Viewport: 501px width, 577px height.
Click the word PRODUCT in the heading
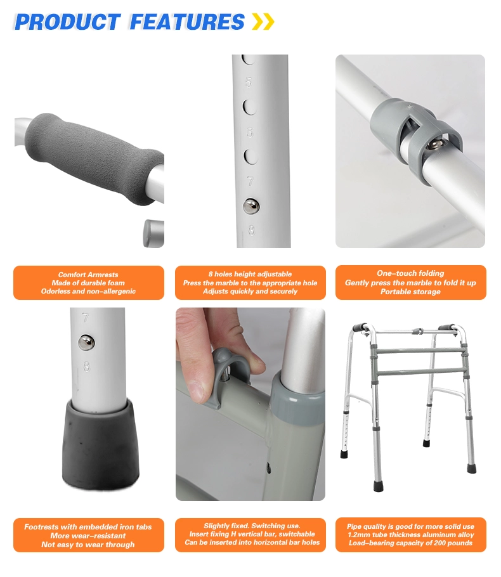[x=67, y=22]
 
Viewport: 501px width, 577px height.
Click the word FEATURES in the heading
[x=187, y=22]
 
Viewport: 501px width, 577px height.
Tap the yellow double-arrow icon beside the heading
[x=263, y=22]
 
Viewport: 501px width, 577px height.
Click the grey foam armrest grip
[x=94, y=159]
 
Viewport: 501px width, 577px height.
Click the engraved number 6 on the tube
[x=250, y=132]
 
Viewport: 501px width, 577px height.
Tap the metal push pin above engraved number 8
[x=251, y=205]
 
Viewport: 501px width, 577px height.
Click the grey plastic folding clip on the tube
[x=416, y=141]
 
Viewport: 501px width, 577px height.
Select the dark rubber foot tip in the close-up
[x=100, y=444]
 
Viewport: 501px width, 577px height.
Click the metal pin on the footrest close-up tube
[x=86, y=342]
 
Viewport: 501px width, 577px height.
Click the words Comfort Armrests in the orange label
[x=88, y=275]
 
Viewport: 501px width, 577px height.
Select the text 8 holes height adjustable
[x=250, y=274]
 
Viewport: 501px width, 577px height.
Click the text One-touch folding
[x=410, y=273]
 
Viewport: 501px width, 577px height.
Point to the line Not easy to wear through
[x=88, y=545]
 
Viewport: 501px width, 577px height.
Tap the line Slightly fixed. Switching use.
[x=252, y=526]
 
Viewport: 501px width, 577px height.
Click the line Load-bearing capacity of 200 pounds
[x=410, y=543]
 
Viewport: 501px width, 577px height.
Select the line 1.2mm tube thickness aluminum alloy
[x=411, y=535]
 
